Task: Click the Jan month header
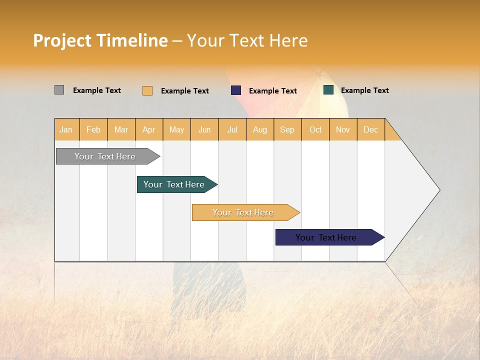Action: click(66, 129)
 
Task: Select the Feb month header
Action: click(93, 129)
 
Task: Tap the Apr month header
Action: click(149, 129)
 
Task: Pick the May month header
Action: click(176, 129)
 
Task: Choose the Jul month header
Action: click(232, 129)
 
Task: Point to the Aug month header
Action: click(260, 129)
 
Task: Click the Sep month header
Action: click(287, 129)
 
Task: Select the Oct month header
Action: click(315, 129)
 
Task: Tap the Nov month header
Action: click(343, 129)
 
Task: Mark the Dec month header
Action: click(370, 129)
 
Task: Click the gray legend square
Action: click(59, 90)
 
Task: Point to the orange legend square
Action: click(147, 90)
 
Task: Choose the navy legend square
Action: click(236, 90)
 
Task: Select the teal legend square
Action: click(328, 90)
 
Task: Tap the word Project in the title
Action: click(62, 40)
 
